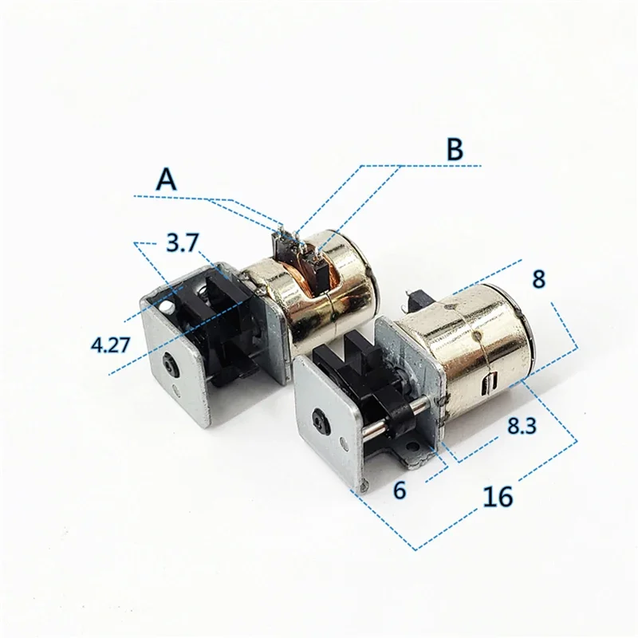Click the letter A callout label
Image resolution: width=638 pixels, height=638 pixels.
(166, 179)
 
